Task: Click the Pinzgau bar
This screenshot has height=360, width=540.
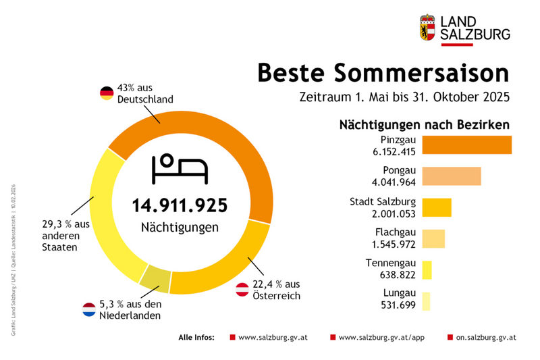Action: [466, 145]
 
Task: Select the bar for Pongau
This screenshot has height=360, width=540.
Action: [451, 176]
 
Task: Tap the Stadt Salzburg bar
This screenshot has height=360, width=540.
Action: [436, 207]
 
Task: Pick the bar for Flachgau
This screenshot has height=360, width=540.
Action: [433, 238]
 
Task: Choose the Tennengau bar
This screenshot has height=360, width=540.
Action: [427, 269]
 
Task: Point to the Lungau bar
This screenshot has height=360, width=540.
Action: [426, 301]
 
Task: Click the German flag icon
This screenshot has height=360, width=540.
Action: [107, 93]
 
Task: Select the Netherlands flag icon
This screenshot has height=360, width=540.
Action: [89, 310]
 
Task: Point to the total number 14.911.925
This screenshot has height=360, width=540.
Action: [180, 205]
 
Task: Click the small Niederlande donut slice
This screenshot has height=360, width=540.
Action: [155, 278]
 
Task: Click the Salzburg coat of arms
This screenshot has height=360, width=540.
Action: [428, 28]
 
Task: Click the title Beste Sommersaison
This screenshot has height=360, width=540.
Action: [383, 72]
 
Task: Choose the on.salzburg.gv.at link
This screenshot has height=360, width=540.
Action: [486, 336]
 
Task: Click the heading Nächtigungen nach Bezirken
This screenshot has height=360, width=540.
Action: [424, 125]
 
